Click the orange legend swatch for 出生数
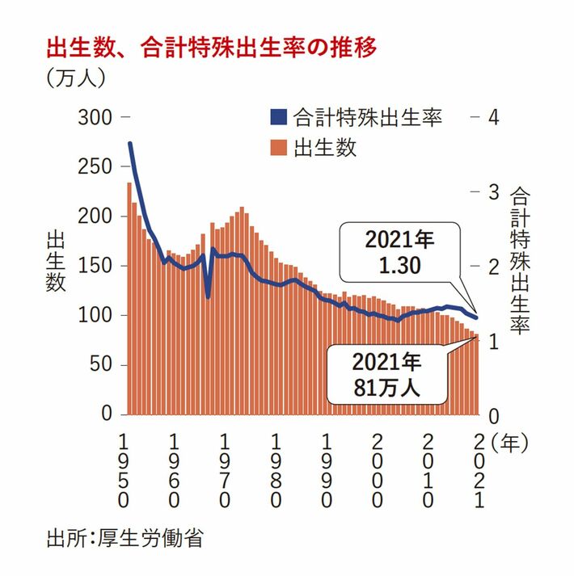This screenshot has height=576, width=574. coord(279,149)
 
